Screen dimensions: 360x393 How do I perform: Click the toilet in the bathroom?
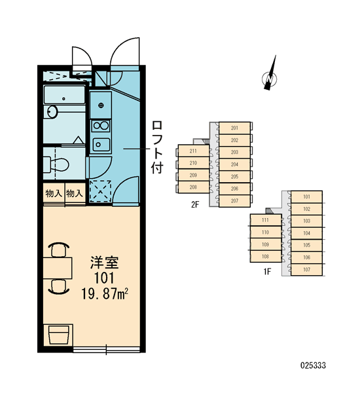(x=56, y=164)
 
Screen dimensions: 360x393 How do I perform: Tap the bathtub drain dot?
(x=63, y=99)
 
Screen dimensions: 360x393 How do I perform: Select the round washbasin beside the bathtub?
(x=52, y=111)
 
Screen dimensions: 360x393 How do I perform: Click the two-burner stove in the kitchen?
(x=101, y=126)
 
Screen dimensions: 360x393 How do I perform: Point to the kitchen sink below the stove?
(x=101, y=144)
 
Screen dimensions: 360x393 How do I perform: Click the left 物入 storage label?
(x=54, y=193)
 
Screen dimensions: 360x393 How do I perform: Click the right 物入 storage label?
(x=75, y=193)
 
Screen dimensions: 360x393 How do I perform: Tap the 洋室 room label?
(x=104, y=262)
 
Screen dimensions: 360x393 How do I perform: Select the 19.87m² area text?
(x=105, y=293)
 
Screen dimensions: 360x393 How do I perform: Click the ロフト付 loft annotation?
(x=157, y=147)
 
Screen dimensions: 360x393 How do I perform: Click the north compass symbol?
(x=270, y=75)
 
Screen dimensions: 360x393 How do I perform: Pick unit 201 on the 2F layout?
(x=234, y=128)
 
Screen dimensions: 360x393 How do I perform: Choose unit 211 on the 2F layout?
(x=193, y=151)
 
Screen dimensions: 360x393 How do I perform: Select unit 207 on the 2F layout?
(x=234, y=201)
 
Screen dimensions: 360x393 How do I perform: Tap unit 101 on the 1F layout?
(x=306, y=196)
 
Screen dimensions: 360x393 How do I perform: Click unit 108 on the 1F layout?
(x=266, y=256)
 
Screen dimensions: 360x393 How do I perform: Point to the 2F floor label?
(x=195, y=205)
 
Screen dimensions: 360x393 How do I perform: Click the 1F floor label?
(x=267, y=271)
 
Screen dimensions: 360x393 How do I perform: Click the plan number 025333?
(x=313, y=365)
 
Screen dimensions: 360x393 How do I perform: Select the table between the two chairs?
(x=58, y=268)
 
